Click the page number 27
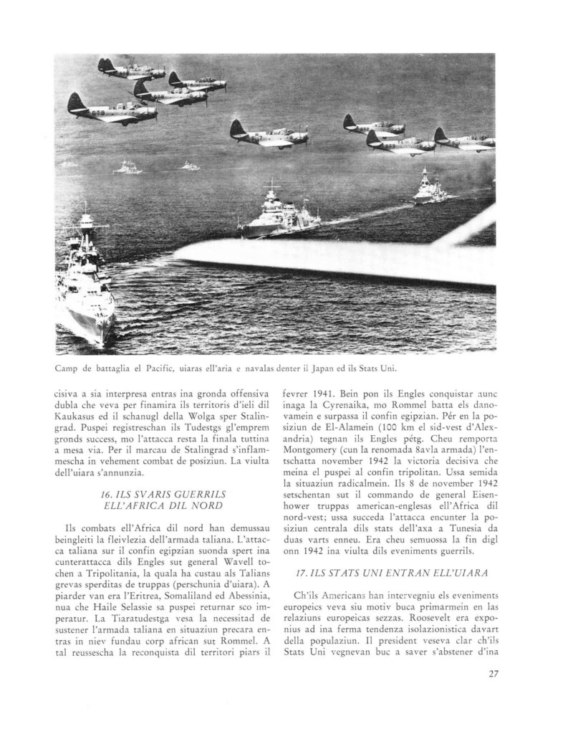[493, 672]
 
